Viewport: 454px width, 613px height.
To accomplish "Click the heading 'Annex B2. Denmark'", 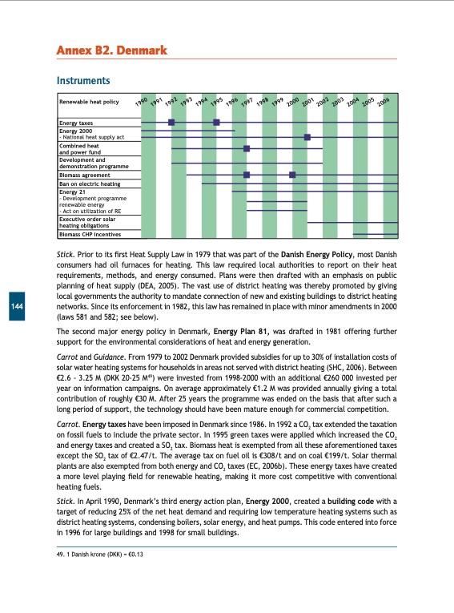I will coord(111,51).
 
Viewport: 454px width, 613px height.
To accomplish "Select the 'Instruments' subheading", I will coord(82,81).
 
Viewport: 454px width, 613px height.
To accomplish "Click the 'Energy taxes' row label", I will coord(76,122).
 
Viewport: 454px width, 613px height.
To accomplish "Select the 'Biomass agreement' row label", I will coord(84,174).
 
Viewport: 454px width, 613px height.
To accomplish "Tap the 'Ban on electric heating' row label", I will coord(89,184).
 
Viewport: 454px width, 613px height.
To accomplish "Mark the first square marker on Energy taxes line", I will coord(171,122).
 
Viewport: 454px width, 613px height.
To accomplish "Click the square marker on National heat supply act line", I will coord(307,137).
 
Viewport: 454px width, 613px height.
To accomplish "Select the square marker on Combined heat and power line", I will coord(247,148).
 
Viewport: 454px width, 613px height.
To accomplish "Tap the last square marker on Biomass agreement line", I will coord(292,174).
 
